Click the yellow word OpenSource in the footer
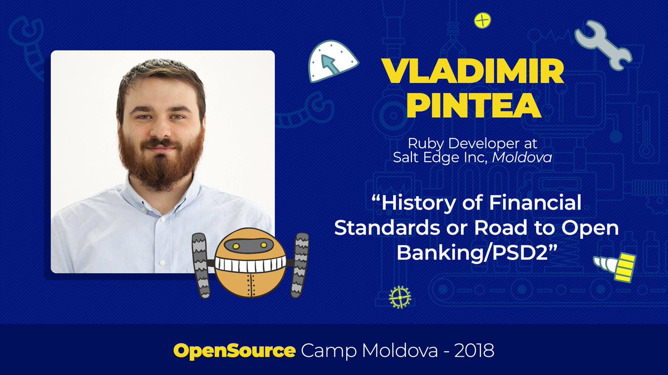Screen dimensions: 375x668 coord(234,351)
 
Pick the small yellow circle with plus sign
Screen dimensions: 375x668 coord(482,21)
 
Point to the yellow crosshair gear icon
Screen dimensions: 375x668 coord(399,297)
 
